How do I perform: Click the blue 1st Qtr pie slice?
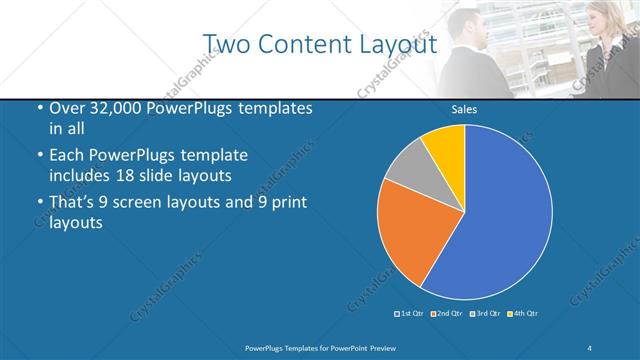pyautogui.click(x=500, y=220)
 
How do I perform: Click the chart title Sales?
pyautogui.click(x=463, y=110)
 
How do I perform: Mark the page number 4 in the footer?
pyautogui.click(x=591, y=347)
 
